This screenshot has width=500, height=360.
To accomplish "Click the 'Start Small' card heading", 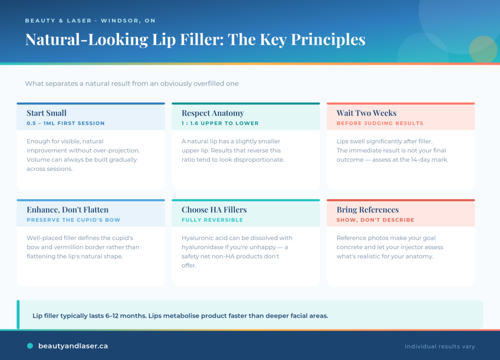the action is click(x=46, y=113).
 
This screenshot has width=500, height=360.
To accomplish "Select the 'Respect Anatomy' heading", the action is click(x=213, y=113).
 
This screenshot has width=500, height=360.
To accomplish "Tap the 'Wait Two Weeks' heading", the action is click(x=366, y=113).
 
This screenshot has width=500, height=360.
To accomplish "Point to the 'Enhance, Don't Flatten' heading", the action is click(x=67, y=210).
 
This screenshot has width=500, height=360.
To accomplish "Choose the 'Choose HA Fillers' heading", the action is click(x=214, y=210).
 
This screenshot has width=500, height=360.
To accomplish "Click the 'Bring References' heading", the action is click(x=368, y=210).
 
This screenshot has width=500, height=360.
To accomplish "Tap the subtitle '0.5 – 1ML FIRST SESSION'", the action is click(x=66, y=123).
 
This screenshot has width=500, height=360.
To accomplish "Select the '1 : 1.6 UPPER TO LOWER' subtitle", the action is click(x=220, y=123).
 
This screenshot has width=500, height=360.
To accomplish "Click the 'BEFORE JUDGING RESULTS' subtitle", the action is click(x=380, y=123).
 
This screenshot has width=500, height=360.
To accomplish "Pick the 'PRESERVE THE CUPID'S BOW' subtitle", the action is click(x=73, y=220).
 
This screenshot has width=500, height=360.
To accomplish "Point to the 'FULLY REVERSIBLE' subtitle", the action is click(x=212, y=220).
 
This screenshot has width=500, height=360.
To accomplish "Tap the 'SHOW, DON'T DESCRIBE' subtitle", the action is click(x=375, y=220).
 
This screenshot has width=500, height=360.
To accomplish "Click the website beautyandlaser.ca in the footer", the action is click(x=73, y=346).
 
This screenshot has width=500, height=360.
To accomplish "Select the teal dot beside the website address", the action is click(x=30, y=346).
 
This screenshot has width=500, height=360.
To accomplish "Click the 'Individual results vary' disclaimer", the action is click(x=440, y=346).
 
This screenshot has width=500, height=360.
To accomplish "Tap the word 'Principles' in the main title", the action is click(x=328, y=40).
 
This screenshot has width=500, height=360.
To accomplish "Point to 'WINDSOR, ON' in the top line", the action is click(x=128, y=21).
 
